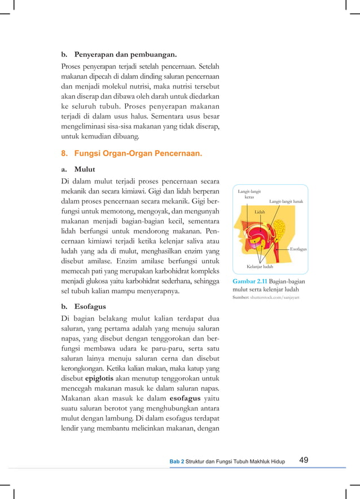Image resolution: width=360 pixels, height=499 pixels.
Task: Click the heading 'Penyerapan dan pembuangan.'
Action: [126, 55]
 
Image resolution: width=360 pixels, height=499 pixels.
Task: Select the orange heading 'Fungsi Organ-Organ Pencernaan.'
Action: [138, 153]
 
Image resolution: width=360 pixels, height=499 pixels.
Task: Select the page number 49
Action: [304, 460]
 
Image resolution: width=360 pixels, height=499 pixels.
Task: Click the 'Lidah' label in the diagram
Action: [260, 211]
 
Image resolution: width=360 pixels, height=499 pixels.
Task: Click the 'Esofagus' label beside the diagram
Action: [298, 248]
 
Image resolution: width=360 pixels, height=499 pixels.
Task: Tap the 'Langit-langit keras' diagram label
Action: [249, 195]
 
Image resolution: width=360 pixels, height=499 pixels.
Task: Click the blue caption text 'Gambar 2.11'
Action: [250, 281]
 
